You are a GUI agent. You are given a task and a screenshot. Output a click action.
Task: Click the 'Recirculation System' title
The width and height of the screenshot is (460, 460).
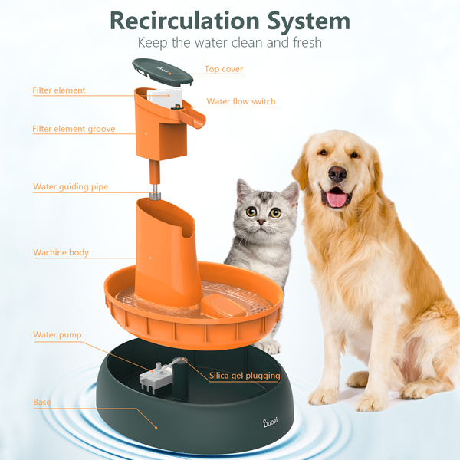[x=230, y=21]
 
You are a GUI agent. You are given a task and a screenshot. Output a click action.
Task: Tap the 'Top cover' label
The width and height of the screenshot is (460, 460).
[x=224, y=69]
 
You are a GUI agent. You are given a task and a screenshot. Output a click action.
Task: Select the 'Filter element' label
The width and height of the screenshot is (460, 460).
[x=59, y=90]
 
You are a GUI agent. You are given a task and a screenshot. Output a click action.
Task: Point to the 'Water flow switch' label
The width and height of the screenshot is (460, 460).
[x=241, y=101]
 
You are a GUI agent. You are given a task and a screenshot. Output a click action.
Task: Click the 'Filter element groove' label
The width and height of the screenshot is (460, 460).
[x=74, y=129]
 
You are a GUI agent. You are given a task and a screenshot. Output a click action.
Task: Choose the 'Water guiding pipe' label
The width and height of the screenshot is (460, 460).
[x=71, y=186]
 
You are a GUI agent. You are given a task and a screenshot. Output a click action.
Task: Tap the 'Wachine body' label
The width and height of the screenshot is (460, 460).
[x=61, y=252]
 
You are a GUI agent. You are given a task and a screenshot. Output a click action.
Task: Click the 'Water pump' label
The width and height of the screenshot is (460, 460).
[x=58, y=335]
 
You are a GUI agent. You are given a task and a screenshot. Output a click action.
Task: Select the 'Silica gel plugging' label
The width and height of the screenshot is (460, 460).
[x=245, y=376]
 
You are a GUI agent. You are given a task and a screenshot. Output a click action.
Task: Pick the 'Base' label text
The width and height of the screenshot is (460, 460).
[x=42, y=402]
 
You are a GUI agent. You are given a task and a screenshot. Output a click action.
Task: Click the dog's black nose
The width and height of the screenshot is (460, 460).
[x=337, y=174]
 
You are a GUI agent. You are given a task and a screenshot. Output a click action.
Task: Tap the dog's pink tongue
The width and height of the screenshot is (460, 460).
[x=337, y=199]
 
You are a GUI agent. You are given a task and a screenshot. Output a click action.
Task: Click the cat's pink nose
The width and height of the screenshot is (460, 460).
[x=261, y=222]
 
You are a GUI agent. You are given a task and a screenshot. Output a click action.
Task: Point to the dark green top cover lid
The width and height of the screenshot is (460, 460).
[x=163, y=72]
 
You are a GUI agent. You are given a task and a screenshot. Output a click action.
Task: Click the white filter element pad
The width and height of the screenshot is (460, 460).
[x=164, y=98]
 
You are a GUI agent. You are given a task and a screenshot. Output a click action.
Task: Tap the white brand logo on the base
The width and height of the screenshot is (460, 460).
[x=270, y=422]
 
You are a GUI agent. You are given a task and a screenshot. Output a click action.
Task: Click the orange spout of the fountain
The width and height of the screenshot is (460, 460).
[x=192, y=118]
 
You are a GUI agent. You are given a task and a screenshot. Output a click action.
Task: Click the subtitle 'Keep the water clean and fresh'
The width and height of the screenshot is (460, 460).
[x=230, y=43]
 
